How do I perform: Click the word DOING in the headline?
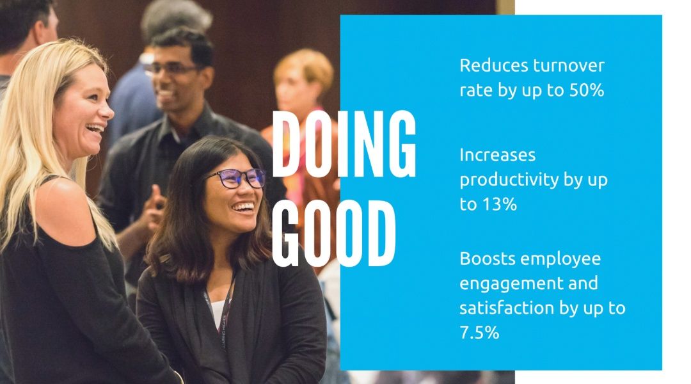click(x=344, y=144)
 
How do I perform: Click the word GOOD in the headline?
click(x=333, y=233)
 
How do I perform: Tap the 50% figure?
click(x=587, y=90)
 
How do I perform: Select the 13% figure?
click(x=499, y=204)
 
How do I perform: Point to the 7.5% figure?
click(x=479, y=332)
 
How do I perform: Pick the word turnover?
click(x=569, y=66)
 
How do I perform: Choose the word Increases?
click(x=498, y=155)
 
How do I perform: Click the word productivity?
click(x=503, y=180)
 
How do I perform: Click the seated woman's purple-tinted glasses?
click(x=237, y=178)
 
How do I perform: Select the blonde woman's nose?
click(x=106, y=111)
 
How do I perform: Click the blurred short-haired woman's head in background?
click(x=303, y=79)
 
